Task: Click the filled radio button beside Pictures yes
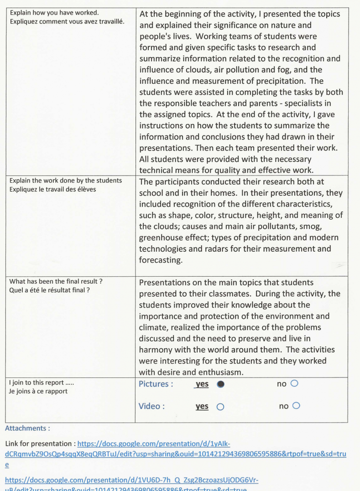(x=221, y=384)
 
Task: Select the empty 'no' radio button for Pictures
(x=294, y=384)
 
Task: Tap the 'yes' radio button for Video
(x=220, y=407)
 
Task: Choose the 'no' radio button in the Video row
(x=297, y=406)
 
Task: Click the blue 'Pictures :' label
(x=156, y=384)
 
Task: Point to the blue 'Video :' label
(x=151, y=406)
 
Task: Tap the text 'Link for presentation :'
(x=40, y=444)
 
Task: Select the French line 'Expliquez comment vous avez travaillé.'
(x=67, y=21)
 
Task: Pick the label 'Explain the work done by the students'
(x=65, y=181)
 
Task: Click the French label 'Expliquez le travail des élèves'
(x=52, y=189)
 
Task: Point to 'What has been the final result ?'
(x=56, y=281)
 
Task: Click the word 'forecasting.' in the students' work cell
(x=160, y=260)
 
